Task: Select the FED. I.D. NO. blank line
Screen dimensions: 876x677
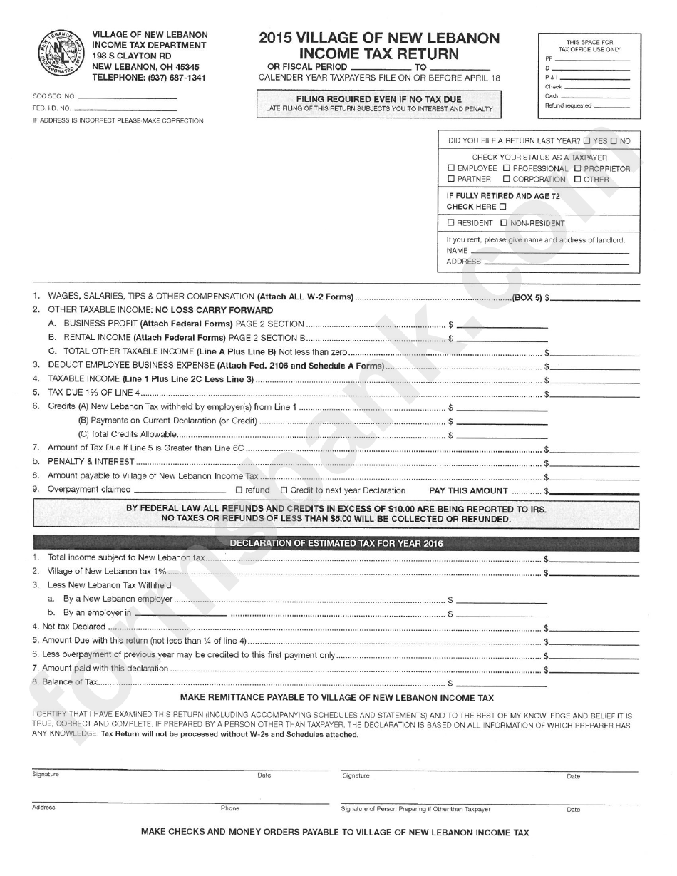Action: point(125,110)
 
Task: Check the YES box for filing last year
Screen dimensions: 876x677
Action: point(586,141)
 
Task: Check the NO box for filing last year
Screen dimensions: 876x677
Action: point(614,141)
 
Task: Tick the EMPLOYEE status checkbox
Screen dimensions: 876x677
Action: point(450,169)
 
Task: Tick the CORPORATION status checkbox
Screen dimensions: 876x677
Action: point(506,180)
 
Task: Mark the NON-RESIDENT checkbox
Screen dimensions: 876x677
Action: point(504,223)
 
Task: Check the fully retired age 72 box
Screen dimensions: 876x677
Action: point(502,207)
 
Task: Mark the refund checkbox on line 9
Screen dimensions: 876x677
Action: point(239,490)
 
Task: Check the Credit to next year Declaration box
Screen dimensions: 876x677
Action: point(284,490)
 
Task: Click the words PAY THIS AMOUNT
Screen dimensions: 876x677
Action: point(468,490)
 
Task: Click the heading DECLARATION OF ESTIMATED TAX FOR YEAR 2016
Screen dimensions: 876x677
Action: point(336,544)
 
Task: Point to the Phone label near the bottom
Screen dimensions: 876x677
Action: point(229,808)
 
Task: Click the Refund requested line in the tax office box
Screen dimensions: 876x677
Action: point(611,105)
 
